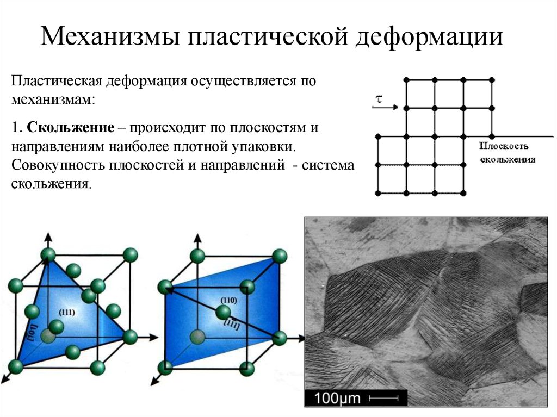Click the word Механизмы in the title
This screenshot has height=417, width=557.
[x=110, y=35]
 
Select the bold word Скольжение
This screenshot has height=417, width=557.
[x=71, y=127]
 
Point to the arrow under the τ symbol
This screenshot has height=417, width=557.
[x=386, y=107]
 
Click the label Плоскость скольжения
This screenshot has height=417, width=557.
[x=508, y=153]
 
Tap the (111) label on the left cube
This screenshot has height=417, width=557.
[x=67, y=312]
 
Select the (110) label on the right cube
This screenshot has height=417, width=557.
[x=228, y=300]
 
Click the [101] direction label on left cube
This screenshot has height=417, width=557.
[x=33, y=333]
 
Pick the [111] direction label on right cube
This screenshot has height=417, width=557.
[x=232, y=324]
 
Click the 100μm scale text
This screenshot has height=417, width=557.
[x=337, y=398]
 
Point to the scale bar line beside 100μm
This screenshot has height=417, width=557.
[x=383, y=399]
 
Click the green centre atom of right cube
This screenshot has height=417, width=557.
[x=223, y=313]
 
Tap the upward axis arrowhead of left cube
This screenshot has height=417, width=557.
[x=48, y=236]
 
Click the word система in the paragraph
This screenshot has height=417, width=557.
[x=328, y=165]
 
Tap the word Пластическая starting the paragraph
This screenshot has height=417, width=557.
[x=57, y=81]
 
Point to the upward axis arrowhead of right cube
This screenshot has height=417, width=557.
[x=197, y=238]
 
